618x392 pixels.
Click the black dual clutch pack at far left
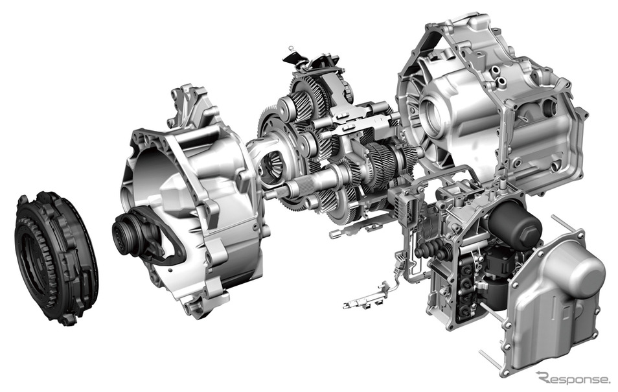[x=56, y=259]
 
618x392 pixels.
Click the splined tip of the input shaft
[x=280, y=192]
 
